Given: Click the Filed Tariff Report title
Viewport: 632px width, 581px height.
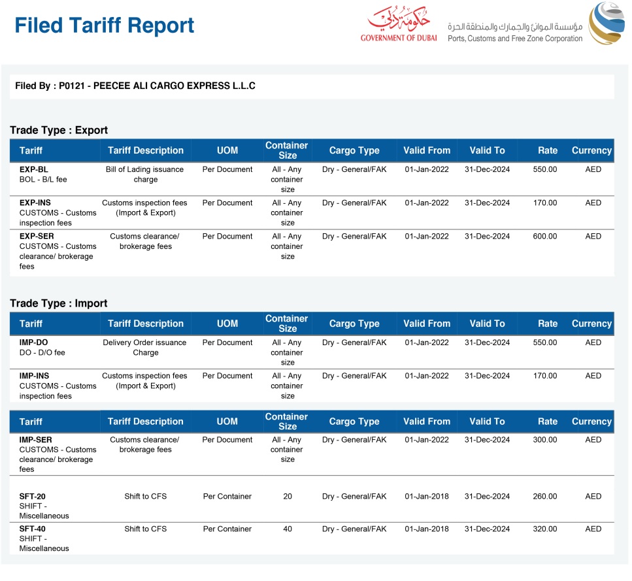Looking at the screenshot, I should click(x=105, y=26).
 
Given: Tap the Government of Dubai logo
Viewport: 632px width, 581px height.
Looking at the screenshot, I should click(x=398, y=25).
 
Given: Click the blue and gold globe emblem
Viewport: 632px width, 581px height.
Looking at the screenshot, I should click(x=607, y=24).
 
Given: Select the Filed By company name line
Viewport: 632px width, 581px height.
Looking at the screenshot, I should click(x=135, y=86).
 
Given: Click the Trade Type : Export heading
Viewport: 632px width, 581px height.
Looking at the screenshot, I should click(x=59, y=130).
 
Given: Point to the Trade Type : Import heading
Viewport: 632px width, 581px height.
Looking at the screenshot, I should click(x=59, y=303).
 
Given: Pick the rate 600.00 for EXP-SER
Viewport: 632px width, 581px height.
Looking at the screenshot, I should click(x=545, y=237).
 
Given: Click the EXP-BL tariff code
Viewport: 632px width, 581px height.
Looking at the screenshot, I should click(x=34, y=169).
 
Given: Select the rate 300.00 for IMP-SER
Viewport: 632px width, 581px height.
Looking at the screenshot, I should click(x=545, y=440).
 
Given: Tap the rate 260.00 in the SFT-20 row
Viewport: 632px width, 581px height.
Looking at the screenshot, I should click(x=545, y=497).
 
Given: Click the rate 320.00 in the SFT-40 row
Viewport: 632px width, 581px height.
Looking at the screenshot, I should click(x=545, y=529).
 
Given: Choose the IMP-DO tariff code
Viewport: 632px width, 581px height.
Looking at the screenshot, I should click(x=34, y=342).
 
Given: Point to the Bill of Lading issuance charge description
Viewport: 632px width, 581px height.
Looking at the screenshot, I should click(x=145, y=174).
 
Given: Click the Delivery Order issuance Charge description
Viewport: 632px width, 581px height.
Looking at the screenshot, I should click(x=145, y=347).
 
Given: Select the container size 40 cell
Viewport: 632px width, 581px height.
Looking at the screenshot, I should click(x=288, y=529).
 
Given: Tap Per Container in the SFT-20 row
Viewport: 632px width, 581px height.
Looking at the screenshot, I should click(x=227, y=497).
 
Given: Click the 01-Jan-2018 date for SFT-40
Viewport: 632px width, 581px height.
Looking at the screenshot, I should click(x=427, y=529).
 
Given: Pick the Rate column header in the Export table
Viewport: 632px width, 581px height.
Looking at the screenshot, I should click(x=548, y=150).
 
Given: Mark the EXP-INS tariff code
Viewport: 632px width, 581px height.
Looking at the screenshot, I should click(x=35, y=203).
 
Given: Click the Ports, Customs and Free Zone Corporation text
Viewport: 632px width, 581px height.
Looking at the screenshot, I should click(x=515, y=39).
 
